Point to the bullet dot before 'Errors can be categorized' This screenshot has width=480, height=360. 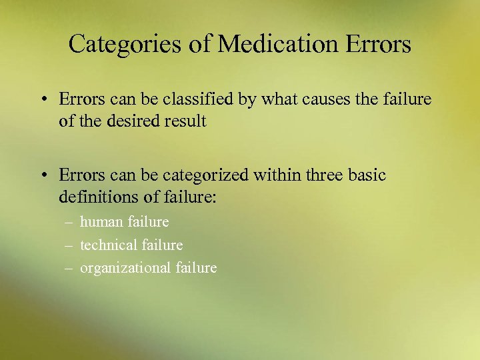42,176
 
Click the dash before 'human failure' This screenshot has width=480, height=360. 69,222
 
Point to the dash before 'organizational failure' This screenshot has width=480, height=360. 69,269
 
